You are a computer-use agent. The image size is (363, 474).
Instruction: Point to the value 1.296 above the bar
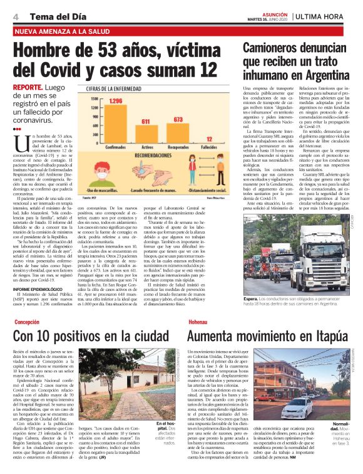click(115, 100)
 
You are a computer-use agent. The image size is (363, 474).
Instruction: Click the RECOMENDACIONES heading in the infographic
click(153, 154)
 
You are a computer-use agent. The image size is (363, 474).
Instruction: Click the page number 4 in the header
click(14, 16)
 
